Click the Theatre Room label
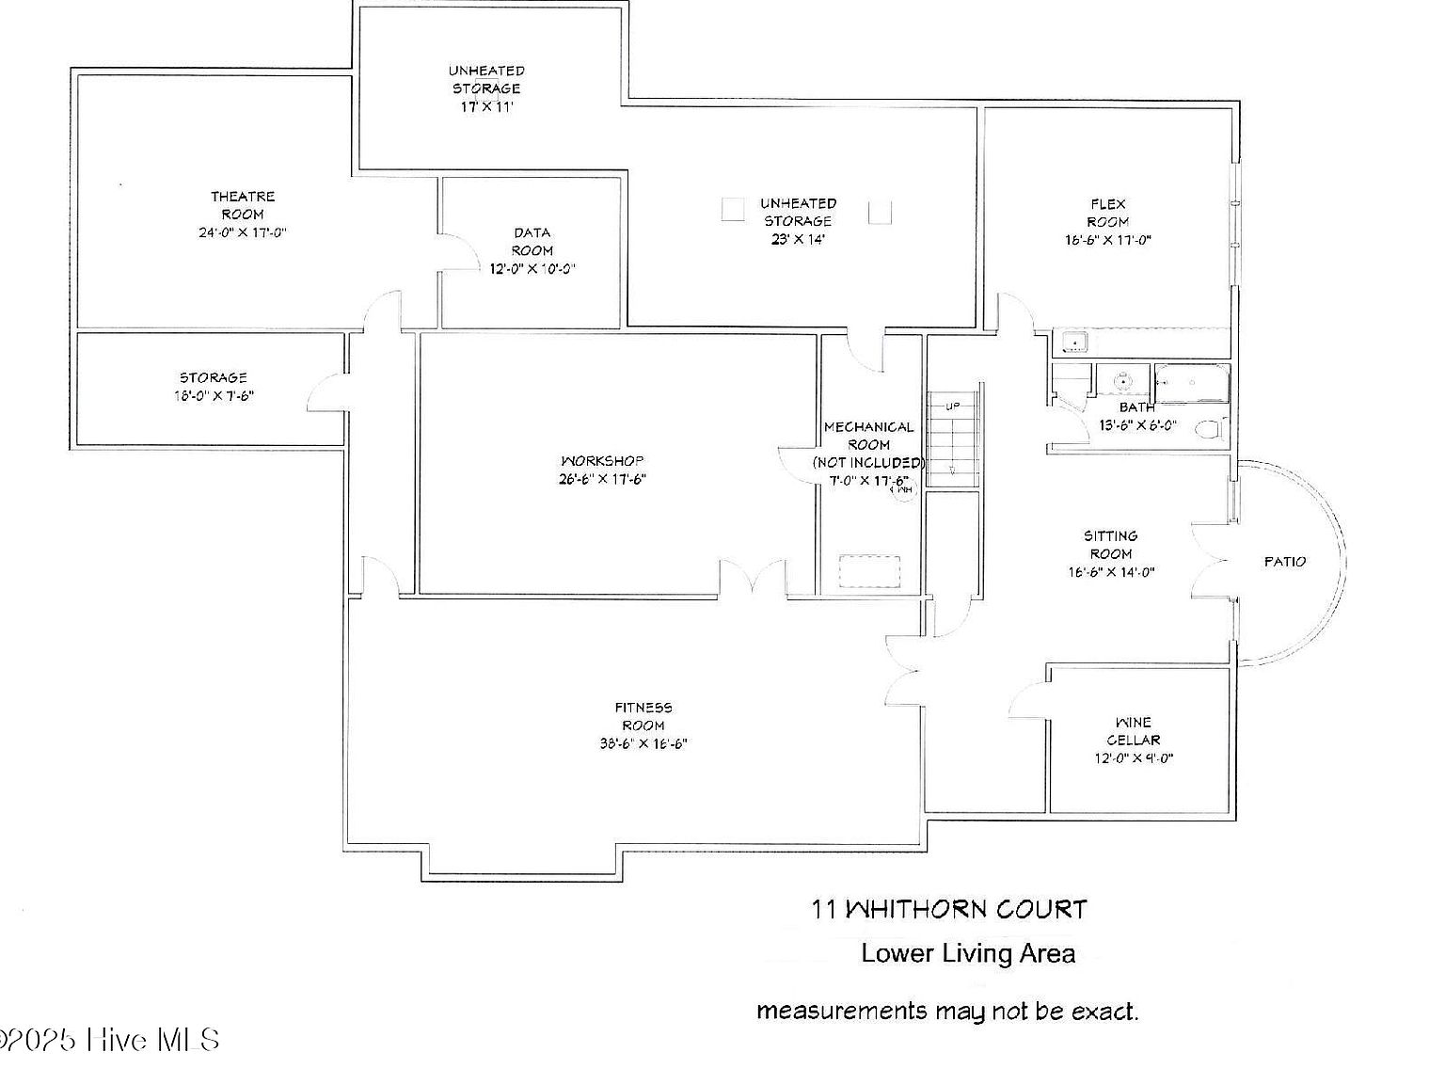click(x=243, y=205)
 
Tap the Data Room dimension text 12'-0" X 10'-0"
click(x=532, y=269)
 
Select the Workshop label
click(x=602, y=461)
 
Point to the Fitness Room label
click(x=643, y=716)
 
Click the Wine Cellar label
click(x=1133, y=731)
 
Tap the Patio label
click(x=1284, y=562)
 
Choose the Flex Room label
click(x=1108, y=213)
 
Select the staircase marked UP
click(x=953, y=438)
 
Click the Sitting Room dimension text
click(x=1111, y=572)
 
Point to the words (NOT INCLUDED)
click(x=868, y=463)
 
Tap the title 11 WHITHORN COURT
click(x=949, y=910)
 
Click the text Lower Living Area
click(x=968, y=953)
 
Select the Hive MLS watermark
click(x=111, y=1040)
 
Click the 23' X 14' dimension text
click(x=798, y=239)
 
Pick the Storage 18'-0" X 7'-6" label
click(x=214, y=387)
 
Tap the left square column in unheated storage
click(x=733, y=210)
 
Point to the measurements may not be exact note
click(x=947, y=1012)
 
